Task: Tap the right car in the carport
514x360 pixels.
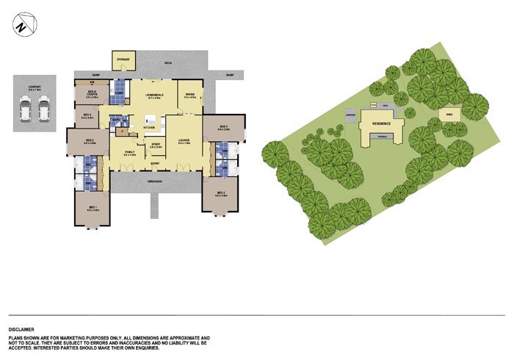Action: coord(43,110)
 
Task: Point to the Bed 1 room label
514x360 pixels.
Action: coord(93,208)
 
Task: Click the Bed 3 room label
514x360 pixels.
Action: coord(87,115)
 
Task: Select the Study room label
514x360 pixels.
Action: coord(156,145)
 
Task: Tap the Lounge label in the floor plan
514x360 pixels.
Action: coord(184,140)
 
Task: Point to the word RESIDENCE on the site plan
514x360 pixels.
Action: coord(380,124)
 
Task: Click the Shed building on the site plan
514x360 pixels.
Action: coord(449,114)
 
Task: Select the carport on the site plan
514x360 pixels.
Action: coord(350,115)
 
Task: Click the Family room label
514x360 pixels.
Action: coord(130,153)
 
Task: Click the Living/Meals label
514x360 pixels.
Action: coord(153,95)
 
